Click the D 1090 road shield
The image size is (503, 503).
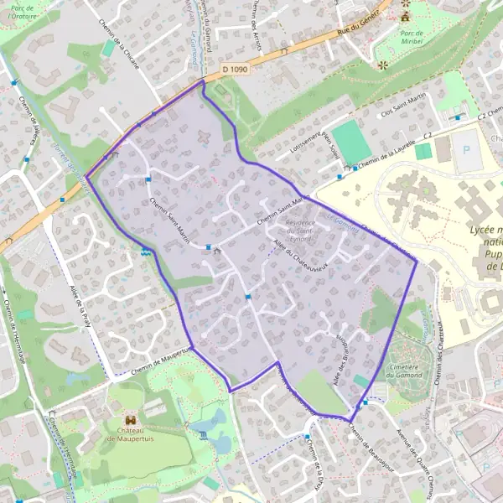pyautogui.click(x=237, y=69)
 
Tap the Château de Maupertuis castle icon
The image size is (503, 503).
pyautogui.click(x=131, y=418)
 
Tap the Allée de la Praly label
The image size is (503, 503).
pyautogui.click(x=86, y=305)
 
